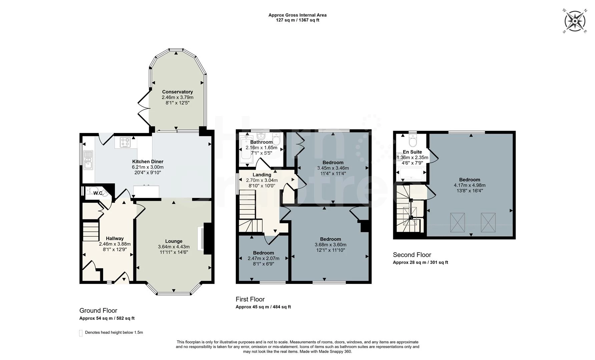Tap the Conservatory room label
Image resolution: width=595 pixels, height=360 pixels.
point(177,92)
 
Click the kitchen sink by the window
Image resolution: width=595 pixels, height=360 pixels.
point(88,160)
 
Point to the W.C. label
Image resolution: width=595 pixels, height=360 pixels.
point(98,193)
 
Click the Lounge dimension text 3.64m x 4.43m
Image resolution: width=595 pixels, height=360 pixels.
point(174,247)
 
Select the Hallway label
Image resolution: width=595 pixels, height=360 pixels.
point(115,238)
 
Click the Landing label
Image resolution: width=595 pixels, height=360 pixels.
point(262,175)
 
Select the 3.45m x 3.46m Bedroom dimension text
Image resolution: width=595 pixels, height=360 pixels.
point(333,168)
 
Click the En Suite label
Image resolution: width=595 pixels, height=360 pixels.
point(412,152)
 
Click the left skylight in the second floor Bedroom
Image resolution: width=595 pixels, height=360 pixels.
point(458,222)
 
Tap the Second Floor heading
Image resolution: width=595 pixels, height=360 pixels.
point(412,255)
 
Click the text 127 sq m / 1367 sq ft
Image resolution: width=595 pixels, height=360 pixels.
point(297,20)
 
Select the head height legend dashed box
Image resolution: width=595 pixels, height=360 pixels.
point(81,333)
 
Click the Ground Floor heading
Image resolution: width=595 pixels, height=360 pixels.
point(98,311)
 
